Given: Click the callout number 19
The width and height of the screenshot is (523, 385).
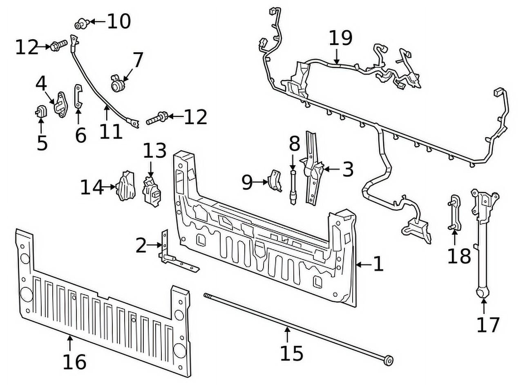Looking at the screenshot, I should pyautogui.click(x=340, y=38).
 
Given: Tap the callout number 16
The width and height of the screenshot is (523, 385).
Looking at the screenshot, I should pyautogui.click(x=74, y=361).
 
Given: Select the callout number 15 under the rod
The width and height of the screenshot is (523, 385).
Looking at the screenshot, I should pyautogui.click(x=291, y=353).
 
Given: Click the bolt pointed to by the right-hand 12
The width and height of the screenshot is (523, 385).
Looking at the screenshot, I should pyautogui.click(x=156, y=119).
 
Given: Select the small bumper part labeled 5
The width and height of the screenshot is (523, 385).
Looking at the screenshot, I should pyautogui.click(x=40, y=111).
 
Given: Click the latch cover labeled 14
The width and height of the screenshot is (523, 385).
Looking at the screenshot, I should pyautogui.click(x=126, y=187).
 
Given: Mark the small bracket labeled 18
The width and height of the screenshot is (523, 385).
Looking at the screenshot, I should pyautogui.click(x=455, y=213).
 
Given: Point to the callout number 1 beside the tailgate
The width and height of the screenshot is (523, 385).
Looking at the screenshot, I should pyautogui.click(x=378, y=264).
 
